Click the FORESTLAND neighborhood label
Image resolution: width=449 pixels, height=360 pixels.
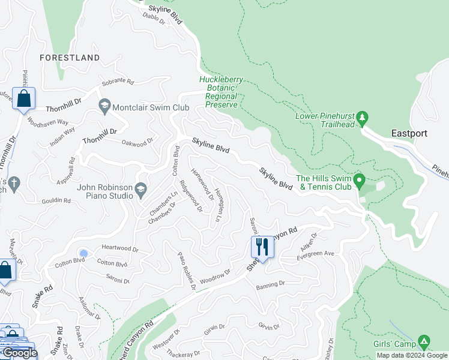[70, 58]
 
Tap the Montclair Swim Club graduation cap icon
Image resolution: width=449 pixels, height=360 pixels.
[105, 106]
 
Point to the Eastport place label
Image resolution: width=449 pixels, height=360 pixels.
[409, 133]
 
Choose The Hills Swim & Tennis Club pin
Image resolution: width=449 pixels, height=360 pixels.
[360, 180]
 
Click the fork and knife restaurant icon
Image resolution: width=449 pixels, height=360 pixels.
[262, 246]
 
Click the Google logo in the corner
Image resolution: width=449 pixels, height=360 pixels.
[19, 353]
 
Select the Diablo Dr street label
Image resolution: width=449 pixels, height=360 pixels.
[154, 18]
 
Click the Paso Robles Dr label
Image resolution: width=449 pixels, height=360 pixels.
[187, 271]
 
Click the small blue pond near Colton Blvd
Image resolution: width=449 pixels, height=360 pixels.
[83, 253]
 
